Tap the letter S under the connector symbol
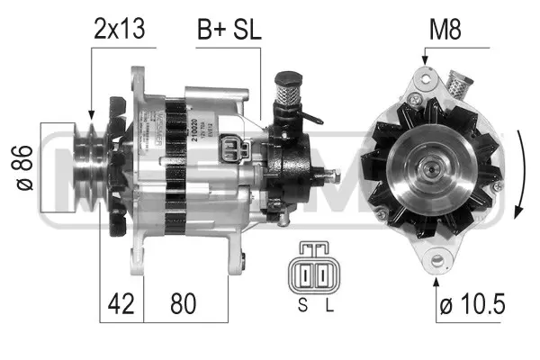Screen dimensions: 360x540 click(x=303, y=306)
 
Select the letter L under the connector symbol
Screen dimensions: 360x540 click(x=328, y=306)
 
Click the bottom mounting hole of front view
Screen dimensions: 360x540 click(x=439, y=262)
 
